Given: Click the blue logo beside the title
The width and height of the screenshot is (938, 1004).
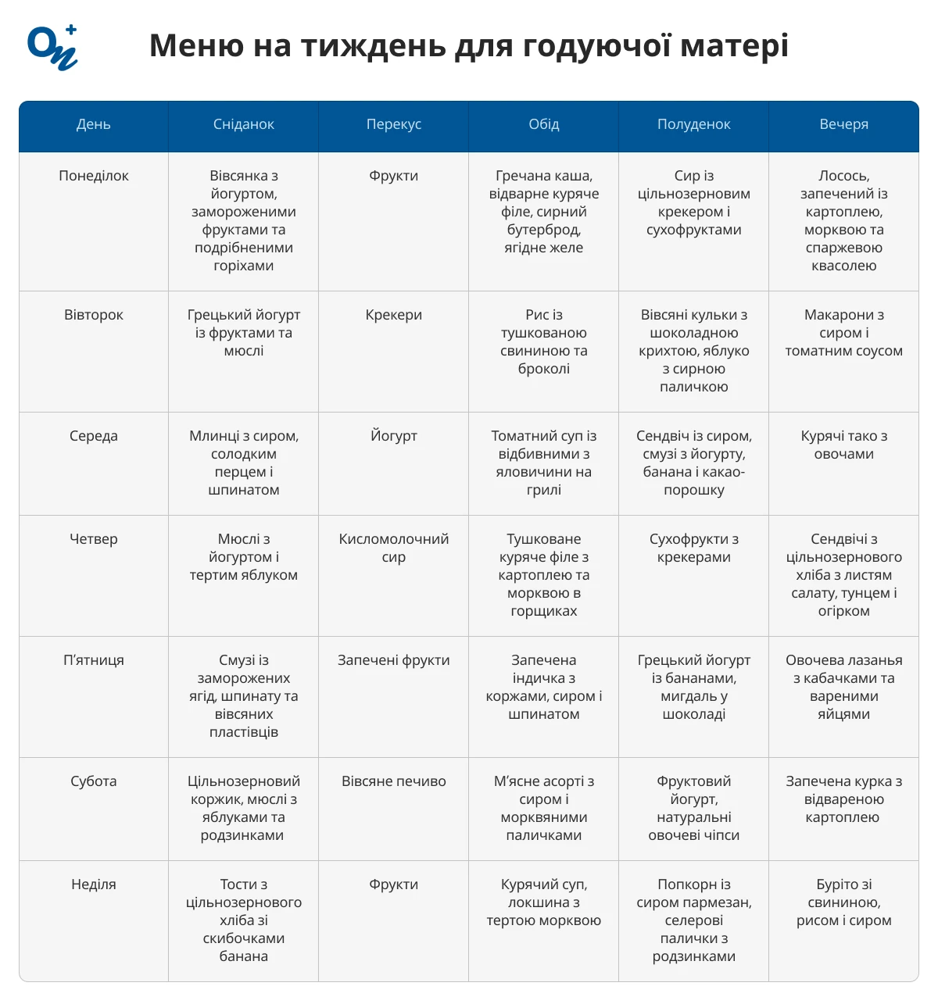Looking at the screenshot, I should (52, 47).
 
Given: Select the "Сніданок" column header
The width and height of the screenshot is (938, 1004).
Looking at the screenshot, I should (243, 124).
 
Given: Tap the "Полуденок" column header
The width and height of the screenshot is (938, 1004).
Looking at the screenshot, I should (693, 124).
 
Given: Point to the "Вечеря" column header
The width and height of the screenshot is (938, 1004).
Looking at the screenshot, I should (843, 124).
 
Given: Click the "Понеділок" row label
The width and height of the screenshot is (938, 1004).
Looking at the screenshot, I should (94, 176).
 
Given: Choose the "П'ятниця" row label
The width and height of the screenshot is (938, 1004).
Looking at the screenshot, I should (94, 660).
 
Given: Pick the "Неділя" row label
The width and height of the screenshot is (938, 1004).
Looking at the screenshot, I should (94, 884).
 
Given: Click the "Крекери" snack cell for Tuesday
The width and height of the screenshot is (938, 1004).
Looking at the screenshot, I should (393, 315).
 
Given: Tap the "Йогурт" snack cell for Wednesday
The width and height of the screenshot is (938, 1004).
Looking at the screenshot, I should (393, 436).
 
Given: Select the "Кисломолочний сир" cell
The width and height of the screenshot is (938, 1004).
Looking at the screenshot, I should (393, 548).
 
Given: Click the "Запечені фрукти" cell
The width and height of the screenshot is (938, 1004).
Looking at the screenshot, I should (393, 660).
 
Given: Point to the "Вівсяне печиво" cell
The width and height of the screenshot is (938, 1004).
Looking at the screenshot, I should (393, 781).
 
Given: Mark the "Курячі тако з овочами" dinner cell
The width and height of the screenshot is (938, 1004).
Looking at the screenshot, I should (843, 445).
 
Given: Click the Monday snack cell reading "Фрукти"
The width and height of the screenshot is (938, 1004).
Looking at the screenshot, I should (393, 176).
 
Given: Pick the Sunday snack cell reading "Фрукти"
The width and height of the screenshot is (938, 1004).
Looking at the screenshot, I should (393, 884).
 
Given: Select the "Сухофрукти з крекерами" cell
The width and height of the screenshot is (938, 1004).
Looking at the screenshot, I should (693, 548).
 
